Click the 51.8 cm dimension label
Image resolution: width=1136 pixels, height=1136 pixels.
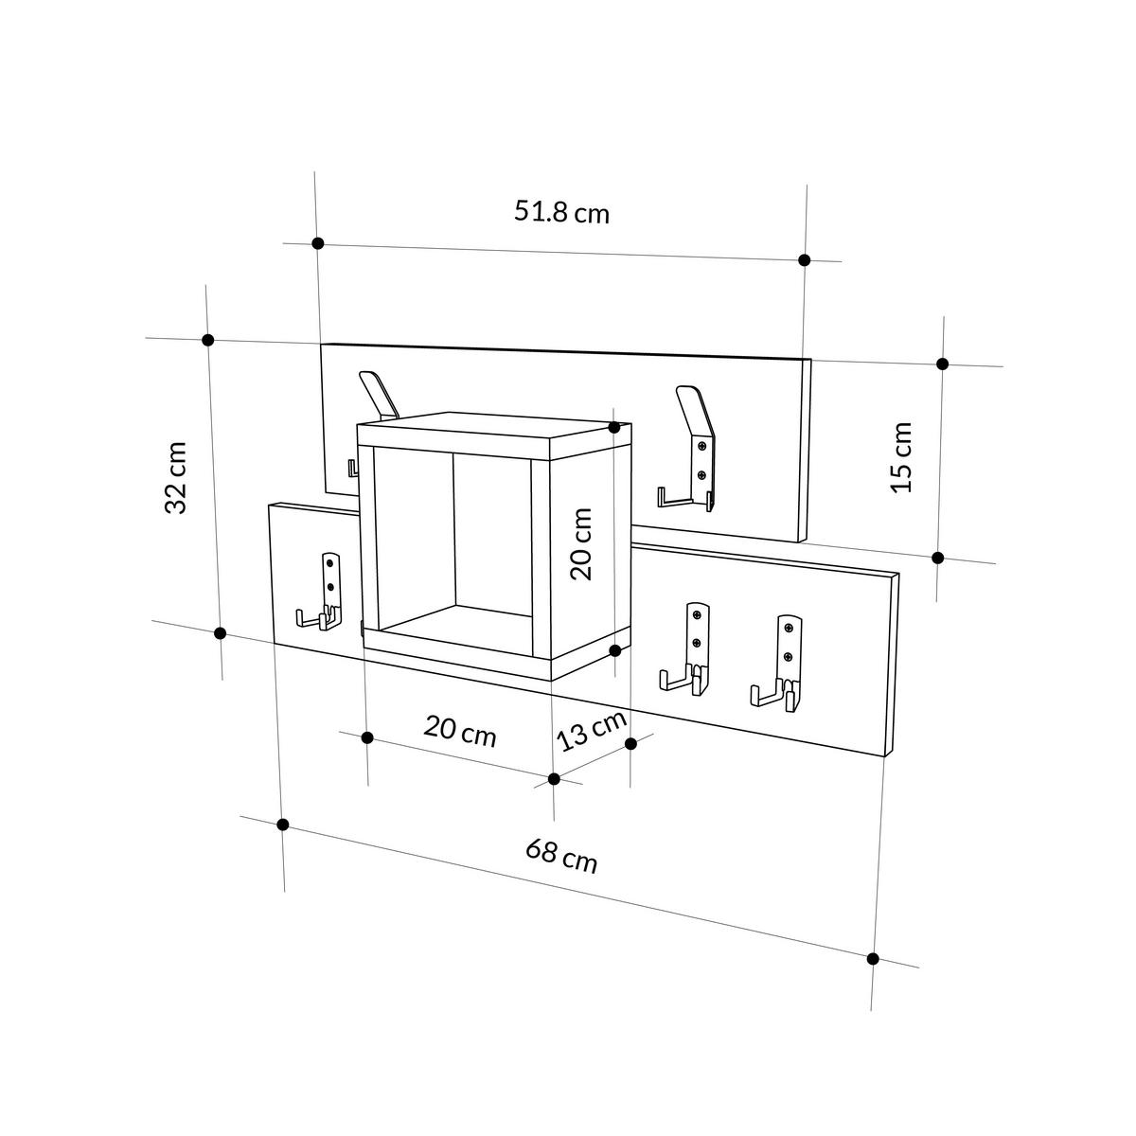(x=561, y=212)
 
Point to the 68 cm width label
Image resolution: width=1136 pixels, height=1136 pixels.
(x=562, y=856)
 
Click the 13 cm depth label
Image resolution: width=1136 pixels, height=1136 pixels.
(x=592, y=730)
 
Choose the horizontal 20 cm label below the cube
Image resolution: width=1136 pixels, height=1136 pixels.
(x=460, y=732)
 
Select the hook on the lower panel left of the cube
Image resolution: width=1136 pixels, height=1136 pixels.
(x=322, y=594)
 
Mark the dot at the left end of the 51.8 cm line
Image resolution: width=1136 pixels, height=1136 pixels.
(x=317, y=243)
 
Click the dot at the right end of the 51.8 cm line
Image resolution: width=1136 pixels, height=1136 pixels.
(x=804, y=260)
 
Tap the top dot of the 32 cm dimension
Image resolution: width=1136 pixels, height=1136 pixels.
(x=209, y=340)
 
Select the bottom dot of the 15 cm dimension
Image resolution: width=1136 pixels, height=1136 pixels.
(x=938, y=558)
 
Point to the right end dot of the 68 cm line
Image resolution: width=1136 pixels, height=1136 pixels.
(x=873, y=959)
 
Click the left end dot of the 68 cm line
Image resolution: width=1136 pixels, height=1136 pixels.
(x=282, y=825)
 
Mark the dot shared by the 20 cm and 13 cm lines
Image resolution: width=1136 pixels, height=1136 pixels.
(x=555, y=779)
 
